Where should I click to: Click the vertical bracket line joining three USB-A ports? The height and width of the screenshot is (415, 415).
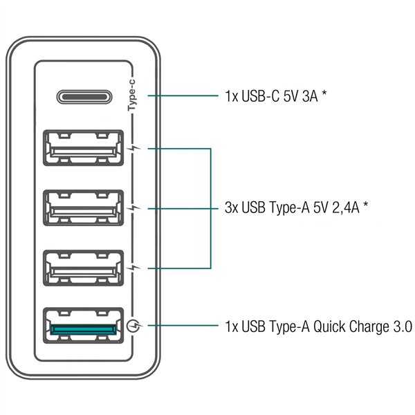pyautogui.click(x=210, y=207)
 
